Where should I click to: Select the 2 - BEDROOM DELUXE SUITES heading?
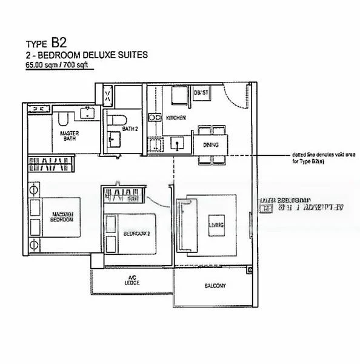(x=87, y=55)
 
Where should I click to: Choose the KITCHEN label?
(x=176, y=117)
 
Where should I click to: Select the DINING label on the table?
(x=211, y=144)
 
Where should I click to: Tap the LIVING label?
(x=216, y=226)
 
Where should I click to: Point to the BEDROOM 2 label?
(x=136, y=233)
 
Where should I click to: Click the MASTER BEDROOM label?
(x=62, y=216)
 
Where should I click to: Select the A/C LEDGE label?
(x=132, y=280)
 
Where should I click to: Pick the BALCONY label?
(x=215, y=285)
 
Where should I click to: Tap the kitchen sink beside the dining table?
(x=178, y=143)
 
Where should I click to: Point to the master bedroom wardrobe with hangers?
(x=51, y=164)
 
